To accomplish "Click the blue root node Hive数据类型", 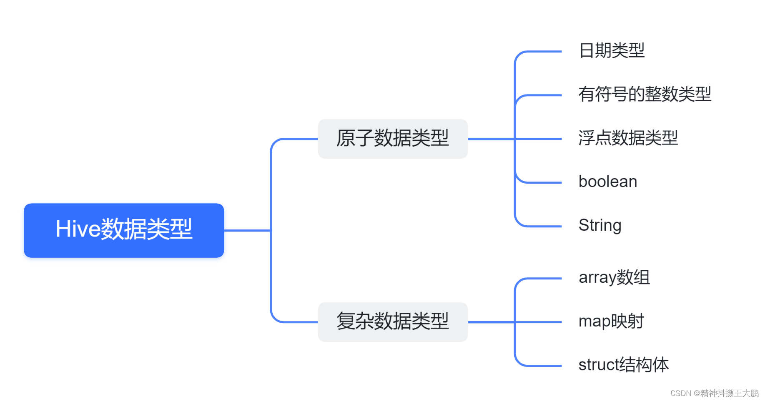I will point(124,230).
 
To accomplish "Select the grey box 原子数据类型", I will point(392,139).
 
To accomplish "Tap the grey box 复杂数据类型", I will point(392,322).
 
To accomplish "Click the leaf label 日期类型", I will point(612,51).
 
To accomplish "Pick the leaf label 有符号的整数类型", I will point(645,95).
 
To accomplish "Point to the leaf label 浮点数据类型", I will point(628,138).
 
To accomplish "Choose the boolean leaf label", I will point(608,182).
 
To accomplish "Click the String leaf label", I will point(600,226).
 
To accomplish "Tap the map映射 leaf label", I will point(611,321).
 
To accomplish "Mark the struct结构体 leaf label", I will point(624,365).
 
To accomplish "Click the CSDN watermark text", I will point(714,393).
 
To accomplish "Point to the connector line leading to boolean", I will point(542,182).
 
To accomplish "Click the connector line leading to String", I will point(542,226).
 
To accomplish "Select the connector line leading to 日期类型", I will point(542,52).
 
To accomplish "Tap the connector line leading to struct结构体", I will point(542,366).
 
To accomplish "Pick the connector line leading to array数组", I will point(542,279).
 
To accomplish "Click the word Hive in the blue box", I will point(78,229).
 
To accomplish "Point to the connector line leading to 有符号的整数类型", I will point(542,95).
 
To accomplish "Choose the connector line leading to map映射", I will point(542,322).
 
